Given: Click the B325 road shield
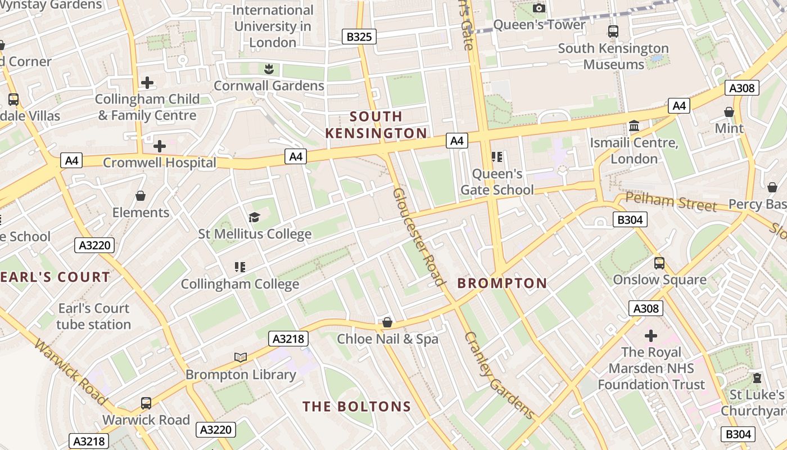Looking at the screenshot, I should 359,37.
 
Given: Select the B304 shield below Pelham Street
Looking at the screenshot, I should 630,220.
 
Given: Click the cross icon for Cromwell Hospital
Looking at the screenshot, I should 160,146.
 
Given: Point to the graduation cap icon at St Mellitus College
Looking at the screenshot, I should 254,218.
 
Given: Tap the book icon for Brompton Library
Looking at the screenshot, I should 241,357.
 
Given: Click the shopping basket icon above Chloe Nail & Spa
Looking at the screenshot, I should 387,322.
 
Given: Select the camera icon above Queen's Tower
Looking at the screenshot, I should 539,8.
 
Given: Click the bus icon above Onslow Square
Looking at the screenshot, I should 659,263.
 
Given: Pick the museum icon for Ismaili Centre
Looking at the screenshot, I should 634,126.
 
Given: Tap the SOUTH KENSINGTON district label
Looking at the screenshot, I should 376,125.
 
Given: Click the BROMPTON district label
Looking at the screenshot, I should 502,283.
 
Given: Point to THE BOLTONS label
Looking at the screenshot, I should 356,407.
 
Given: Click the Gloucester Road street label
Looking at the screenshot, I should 419,236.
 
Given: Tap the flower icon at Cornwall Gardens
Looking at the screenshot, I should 269,69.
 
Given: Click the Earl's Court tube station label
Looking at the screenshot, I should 93,316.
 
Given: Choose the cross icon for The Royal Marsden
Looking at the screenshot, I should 651,336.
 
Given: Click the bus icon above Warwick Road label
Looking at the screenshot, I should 146,403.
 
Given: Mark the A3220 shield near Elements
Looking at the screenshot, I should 94,245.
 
